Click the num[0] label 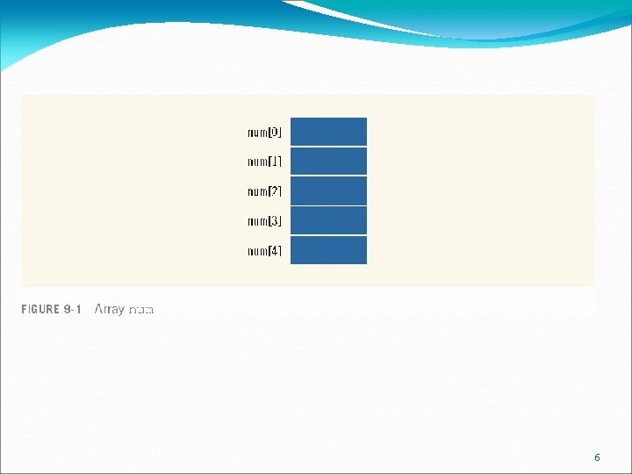[x=264, y=133]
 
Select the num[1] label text [x=264, y=162]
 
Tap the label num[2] [x=264, y=191]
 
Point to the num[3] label [x=264, y=221]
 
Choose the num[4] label [x=264, y=251]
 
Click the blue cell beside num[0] [x=328, y=132]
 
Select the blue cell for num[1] [x=328, y=162]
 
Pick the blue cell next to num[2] [x=328, y=191]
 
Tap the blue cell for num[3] [x=328, y=221]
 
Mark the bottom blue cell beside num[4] [x=328, y=251]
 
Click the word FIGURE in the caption [x=41, y=310]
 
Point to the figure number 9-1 [x=73, y=310]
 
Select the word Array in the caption [x=110, y=310]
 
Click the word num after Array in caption [x=141, y=310]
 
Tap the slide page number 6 [x=597, y=457]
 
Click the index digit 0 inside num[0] [x=275, y=133]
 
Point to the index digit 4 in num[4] [x=275, y=251]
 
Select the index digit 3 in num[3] [x=275, y=221]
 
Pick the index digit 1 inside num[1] [x=275, y=162]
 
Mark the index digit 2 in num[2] [x=275, y=191]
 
